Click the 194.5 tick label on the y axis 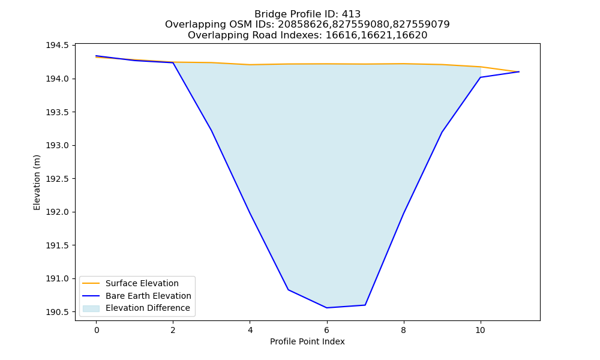tap(58, 46)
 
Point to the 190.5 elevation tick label tap(58, 312)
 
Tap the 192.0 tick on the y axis tap(58, 212)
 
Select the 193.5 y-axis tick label tap(58, 112)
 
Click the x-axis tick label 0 tap(97, 330)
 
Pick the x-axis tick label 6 tap(327, 330)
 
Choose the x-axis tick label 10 tap(480, 330)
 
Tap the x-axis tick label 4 tap(250, 330)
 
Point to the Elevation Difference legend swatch tap(91, 308)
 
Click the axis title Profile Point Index tap(307, 341)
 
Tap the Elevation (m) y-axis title tap(37, 182)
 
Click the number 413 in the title tap(351, 14)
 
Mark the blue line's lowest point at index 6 tap(327, 308)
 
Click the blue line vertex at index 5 tap(288, 290)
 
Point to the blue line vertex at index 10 tap(480, 77)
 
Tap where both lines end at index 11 tap(519, 71)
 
